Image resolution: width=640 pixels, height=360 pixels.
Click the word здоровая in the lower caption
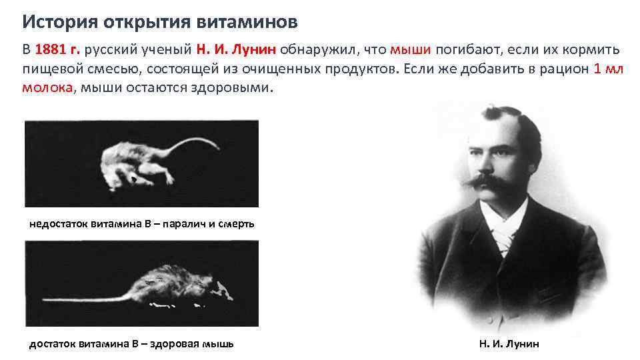(170, 344)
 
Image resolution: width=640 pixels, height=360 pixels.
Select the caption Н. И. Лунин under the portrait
(509, 344)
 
